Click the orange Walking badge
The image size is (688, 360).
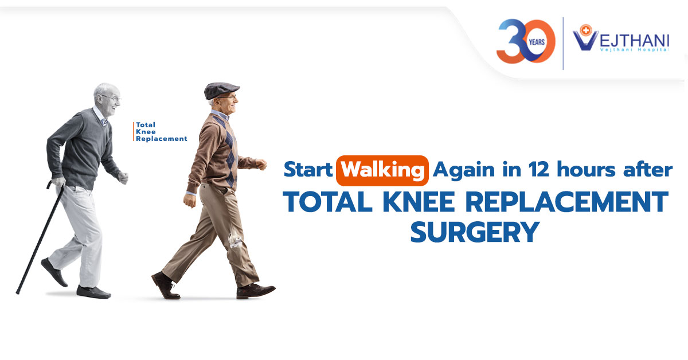[382, 171]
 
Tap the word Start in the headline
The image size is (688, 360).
[308, 169]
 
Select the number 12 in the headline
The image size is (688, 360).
[538, 169]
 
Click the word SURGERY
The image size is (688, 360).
[475, 232]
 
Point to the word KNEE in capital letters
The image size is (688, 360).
[419, 202]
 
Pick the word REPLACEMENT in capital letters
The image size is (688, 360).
[567, 202]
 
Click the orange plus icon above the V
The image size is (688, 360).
[587, 30]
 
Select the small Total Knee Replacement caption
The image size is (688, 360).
[161, 132]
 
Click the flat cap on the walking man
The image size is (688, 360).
[221, 91]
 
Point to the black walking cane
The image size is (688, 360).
[40, 238]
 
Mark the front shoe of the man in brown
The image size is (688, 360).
[255, 291]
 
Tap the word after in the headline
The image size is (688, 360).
[648, 169]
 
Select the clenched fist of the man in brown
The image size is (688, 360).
[261, 164]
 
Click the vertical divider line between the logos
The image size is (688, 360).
[563, 44]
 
